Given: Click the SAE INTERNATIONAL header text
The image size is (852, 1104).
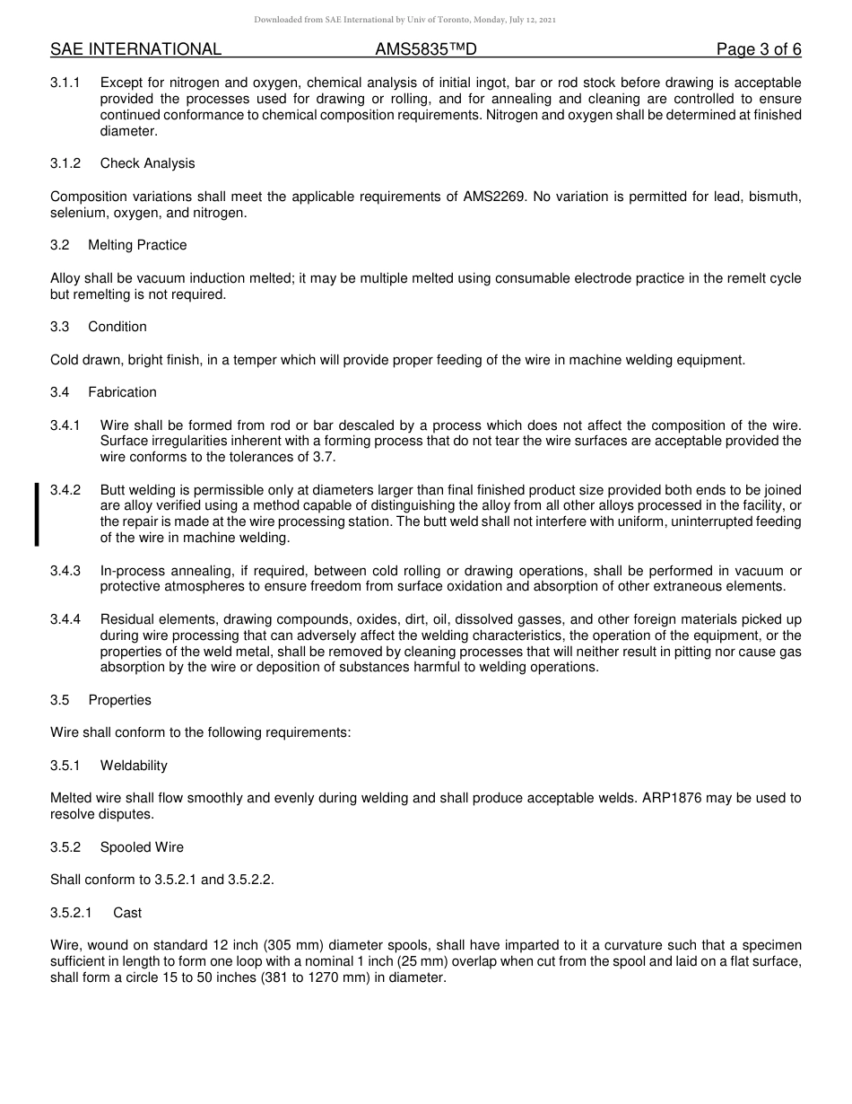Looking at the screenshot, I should click(135, 49).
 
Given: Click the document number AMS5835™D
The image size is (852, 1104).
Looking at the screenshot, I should click(426, 49).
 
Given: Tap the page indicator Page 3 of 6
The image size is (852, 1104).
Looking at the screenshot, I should click(759, 49).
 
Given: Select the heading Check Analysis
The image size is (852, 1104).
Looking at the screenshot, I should click(147, 163).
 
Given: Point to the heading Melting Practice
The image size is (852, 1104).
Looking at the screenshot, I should click(137, 245).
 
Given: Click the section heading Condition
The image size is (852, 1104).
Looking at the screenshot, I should click(117, 327).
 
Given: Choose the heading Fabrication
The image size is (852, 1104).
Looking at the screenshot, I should click(122, 392).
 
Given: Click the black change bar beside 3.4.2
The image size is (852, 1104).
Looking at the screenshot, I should click(37, 514).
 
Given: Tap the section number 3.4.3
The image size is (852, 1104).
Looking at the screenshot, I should click(65, 571).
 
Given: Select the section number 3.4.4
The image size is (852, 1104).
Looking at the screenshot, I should click(65, 619).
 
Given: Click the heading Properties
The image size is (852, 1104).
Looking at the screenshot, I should click(119, 700).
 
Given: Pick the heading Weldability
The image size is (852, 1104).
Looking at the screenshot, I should click(134, 766).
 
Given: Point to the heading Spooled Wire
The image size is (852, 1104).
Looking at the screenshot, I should click(142, 847).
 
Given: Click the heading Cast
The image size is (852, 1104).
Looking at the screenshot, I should click(127, 913).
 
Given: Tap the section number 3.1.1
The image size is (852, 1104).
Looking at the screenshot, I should click(65, 83).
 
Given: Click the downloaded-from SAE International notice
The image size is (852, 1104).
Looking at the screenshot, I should click(405, 19).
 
